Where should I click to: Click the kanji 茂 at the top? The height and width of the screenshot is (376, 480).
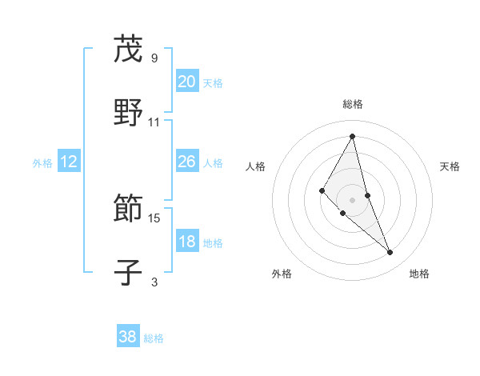tap(128, 50)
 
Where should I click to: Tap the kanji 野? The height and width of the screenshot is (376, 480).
tap(128, 113)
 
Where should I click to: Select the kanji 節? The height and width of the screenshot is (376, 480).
tap(128, 210)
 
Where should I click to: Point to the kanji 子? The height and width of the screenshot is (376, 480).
tap(128, 273)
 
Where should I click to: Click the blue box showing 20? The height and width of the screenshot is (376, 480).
tap(186, 82)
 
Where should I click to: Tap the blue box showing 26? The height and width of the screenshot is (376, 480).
tap(186, 162)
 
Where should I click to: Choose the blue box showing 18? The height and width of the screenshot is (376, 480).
tap(186, 242)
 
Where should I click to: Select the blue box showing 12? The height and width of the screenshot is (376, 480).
tap(69, 162)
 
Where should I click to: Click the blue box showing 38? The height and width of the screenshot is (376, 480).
tap(128, 337)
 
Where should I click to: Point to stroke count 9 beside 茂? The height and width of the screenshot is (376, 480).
tap(154, 58)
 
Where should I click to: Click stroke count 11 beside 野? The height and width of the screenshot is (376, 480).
tap(154, 122)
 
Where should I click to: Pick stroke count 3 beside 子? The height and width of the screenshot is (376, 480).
tap(154, 282)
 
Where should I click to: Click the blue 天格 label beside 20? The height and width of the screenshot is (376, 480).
tap(213, 83)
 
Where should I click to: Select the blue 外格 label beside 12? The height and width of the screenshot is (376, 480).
tap(42, 163)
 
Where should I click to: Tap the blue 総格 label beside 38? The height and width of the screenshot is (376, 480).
tap(154, 338)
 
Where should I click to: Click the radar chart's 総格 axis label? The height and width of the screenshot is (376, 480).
tap(353, 104)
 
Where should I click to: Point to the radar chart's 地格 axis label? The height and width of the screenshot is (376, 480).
tap(419, 274)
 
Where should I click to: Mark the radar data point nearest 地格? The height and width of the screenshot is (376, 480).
tap(390, 253)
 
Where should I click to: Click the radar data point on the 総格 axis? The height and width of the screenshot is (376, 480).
tap(353, 135)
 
